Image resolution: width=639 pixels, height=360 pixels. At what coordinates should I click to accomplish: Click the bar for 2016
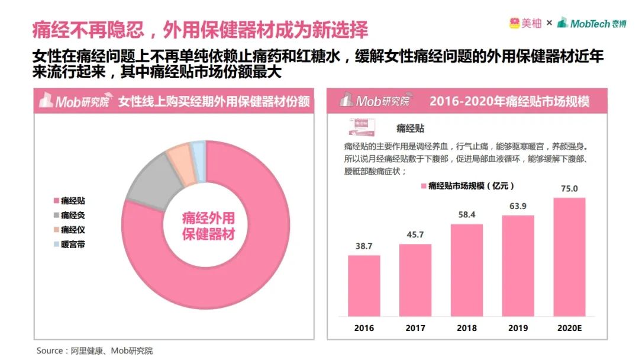click(364, 285)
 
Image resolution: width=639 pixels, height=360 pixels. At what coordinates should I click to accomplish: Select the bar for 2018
click(466, 270)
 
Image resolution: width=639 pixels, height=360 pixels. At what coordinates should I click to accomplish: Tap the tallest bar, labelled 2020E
click(569, 256)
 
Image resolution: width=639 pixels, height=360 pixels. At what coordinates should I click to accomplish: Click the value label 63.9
click(518, 206)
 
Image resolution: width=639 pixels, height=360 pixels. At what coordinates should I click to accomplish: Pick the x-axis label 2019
click(518, 327)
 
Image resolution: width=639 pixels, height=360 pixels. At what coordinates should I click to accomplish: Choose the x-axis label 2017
click(415, 327)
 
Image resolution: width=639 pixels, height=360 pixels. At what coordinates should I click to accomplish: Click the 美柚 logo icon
click(514, 23)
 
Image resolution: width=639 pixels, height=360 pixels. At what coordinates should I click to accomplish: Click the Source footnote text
click(95, 351)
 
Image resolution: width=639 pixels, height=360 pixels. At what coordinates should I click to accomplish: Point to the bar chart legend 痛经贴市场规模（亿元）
click(467, 186)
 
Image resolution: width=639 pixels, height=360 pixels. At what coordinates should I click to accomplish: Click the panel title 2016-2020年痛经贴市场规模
click(509, 101)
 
